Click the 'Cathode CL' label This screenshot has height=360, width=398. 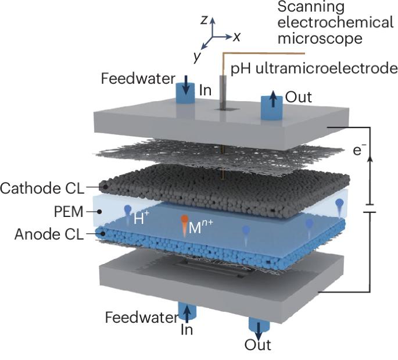click(x=42, y=188)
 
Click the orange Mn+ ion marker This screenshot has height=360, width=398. click(x=184, y=222)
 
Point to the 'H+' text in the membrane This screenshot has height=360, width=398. click(x=140, y=220)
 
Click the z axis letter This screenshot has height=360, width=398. click(x=204, y=20)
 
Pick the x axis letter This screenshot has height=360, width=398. click(x=237, y=36)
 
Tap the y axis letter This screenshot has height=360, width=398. click(x=198, y=56)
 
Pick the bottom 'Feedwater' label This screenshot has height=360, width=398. click(x=142, y=318)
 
